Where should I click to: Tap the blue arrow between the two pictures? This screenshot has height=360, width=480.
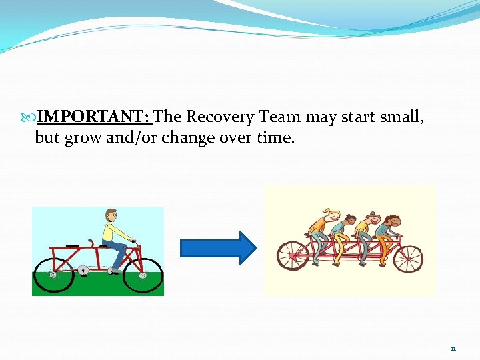(x=218, y=248)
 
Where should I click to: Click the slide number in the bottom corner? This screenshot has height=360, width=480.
(x=453, y=348)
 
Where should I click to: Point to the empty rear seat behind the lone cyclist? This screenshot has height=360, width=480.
(x=73, y=245)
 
